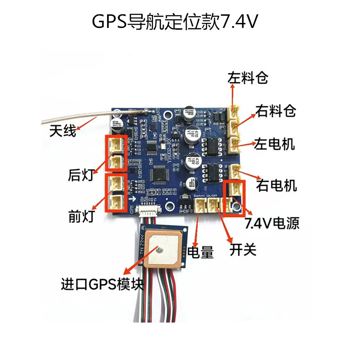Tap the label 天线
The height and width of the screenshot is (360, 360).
click(x=63, y=132)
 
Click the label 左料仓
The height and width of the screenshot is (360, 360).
click(x=248, y=78)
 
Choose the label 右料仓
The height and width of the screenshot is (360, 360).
click(x=275, y=111)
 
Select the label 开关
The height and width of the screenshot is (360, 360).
click(x=243, y=249)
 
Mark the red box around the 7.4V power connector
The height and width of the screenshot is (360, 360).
click(x=235, y=198)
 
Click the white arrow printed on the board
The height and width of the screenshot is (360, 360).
click(x=132, y=199)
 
